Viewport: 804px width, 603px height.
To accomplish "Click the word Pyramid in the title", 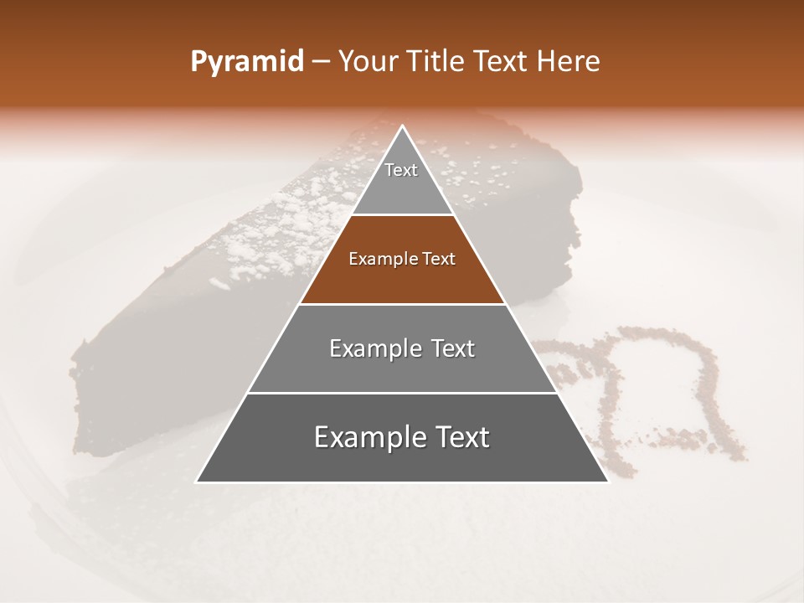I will click(247, 61).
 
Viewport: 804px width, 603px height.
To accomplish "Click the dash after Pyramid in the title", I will click(320, 62).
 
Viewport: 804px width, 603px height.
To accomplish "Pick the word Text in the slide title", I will click(502, 61).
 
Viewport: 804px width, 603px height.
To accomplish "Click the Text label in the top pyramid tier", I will click(401, 170).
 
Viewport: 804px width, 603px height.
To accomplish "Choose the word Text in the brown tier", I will click(439, 259).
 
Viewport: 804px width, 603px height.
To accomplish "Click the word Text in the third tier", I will click(452, 348).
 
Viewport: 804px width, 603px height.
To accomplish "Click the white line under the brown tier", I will click(402, 304).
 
